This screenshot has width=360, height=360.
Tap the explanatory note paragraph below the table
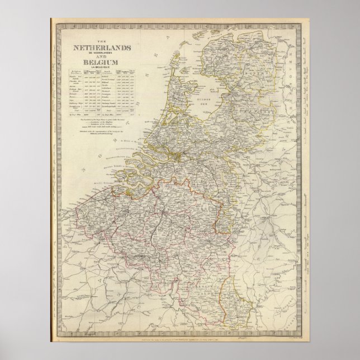[x=106, y=124]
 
